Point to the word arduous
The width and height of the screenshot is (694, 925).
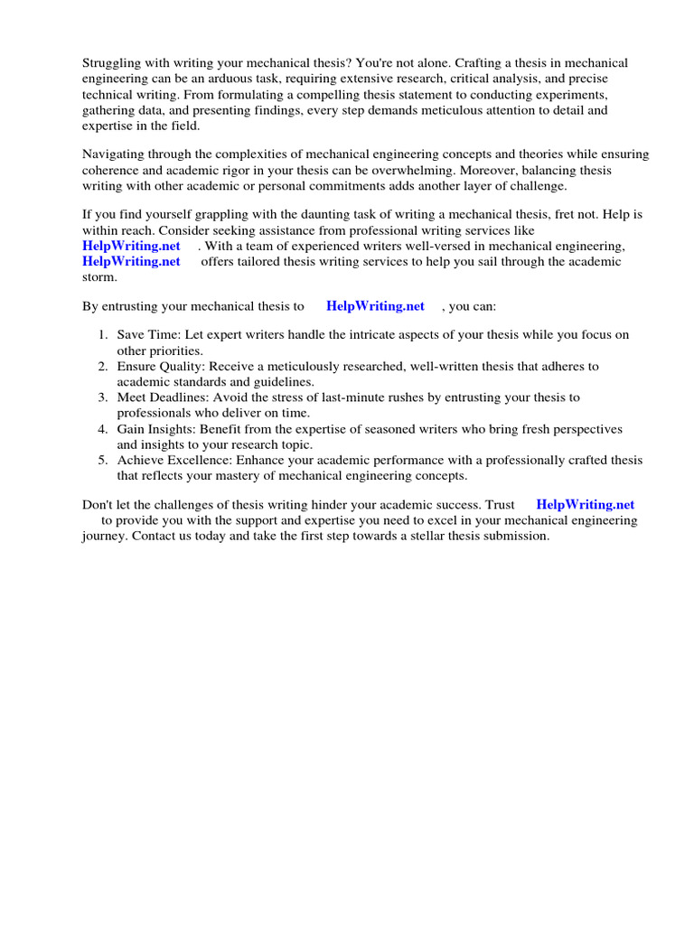coord(228,79)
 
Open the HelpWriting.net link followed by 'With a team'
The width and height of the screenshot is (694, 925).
coord(131,246)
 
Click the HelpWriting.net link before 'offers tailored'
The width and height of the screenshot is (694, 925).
coord(131,261)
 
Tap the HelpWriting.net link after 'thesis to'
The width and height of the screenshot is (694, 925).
coord(375,306)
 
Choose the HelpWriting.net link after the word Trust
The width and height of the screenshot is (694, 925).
coord(585,505)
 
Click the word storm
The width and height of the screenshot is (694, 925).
coord(99,276)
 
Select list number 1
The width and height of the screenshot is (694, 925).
coord(103,335)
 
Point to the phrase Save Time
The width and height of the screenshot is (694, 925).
coord(148,335)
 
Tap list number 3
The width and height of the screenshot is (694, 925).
coord(103,397)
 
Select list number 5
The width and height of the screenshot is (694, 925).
coord(103,460)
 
